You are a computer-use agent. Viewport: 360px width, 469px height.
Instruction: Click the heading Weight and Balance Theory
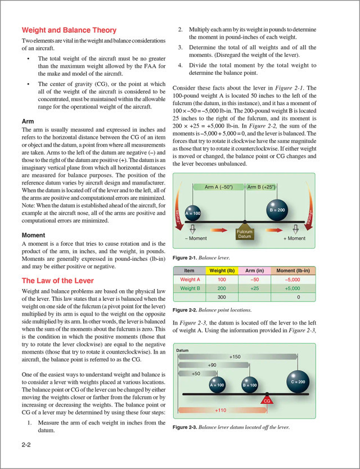point(69,30)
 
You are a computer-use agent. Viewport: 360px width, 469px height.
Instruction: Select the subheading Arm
point(28,121)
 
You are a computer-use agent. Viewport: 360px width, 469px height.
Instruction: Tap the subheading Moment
point(37,235)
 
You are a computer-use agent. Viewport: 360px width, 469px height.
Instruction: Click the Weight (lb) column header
point(222,270)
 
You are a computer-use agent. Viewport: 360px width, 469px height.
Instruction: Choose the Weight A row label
point(190,279)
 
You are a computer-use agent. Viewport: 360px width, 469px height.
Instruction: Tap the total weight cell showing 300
point(222,296)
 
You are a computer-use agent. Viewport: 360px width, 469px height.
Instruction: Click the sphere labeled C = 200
point(299,381)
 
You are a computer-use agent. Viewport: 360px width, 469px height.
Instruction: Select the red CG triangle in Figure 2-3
point(267,400)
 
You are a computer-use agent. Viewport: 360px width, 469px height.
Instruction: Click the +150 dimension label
point(235,357)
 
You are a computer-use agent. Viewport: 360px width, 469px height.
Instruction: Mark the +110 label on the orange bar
point(220,411)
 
